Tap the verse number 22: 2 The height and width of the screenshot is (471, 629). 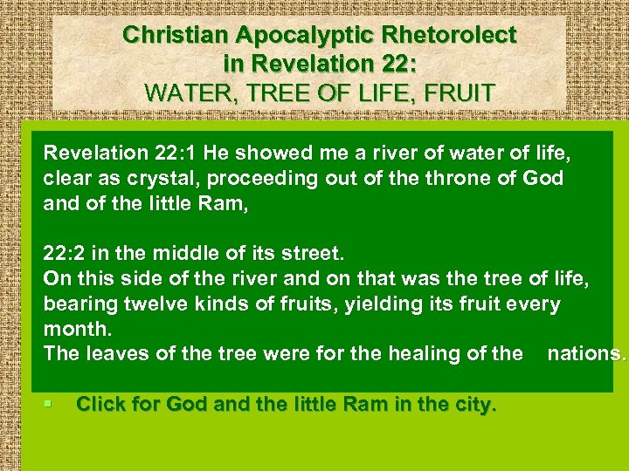pyautogui.click(x=64, y=255)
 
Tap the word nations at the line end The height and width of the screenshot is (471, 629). pyautogui.click(x=584, y=354)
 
